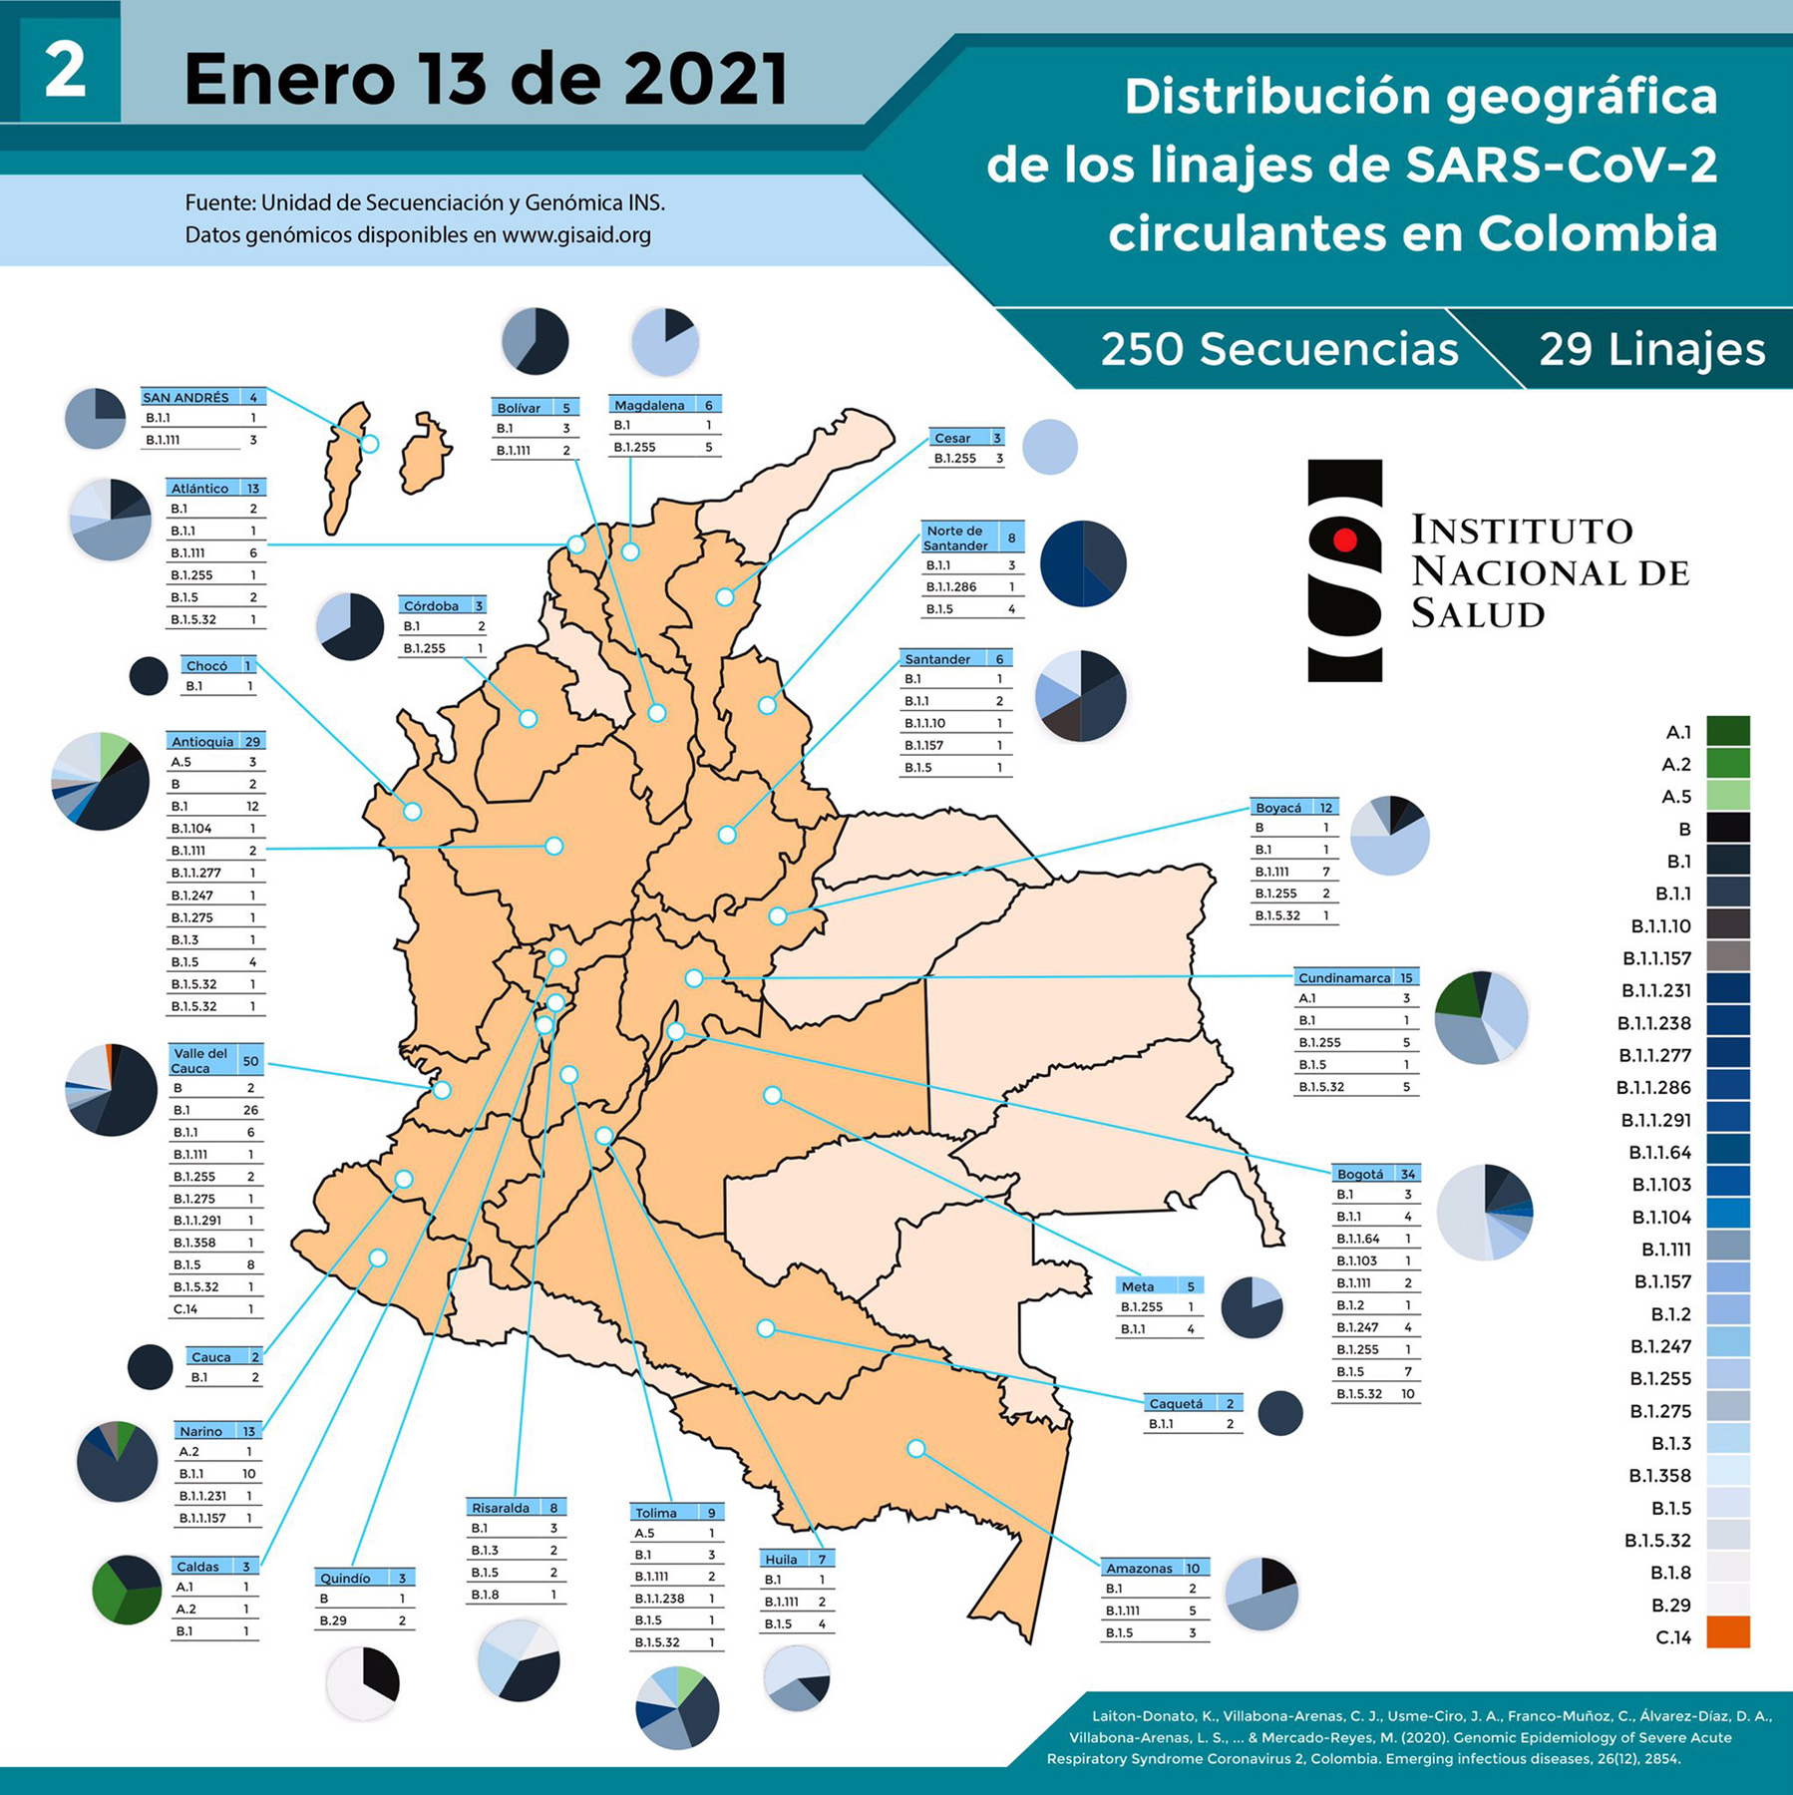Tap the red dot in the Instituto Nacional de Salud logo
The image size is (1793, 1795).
click(x=1344, y=540)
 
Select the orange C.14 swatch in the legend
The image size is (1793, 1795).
click(x=1727, y=1632)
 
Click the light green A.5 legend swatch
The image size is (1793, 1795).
click(x=1727, y=796)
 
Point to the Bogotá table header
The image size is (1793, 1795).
click(x=1375, y=1174)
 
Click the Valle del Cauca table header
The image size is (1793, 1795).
click(x=214, y=1060)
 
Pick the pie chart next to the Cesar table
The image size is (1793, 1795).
click(x=1049, y=446)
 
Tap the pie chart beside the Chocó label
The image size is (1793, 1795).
click(x=149, y=675)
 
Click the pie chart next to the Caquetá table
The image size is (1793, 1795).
click(x=1279, y=1413)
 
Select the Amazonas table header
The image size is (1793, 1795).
click(x=1155, y=1568)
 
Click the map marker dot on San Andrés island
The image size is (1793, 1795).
click(x=370, y=444)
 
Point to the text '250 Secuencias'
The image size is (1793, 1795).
click(x=1278, y=349)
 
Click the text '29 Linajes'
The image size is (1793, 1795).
click(x=1651, y=349)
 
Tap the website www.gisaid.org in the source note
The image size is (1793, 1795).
click(x=575, y=235)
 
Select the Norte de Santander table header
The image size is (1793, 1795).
click(x=972, y=538)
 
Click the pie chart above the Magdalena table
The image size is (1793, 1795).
click(x=665, y=341)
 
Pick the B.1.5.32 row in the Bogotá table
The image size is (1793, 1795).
click(x=1374, y=1394)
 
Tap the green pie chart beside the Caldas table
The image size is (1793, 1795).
click(x=127, y=1590)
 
